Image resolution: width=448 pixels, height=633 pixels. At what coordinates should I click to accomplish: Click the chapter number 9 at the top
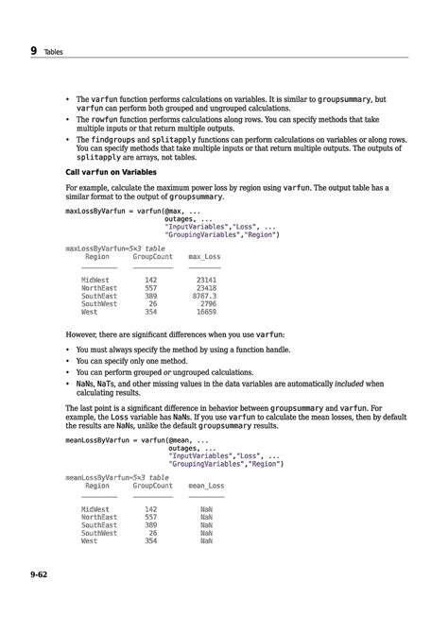[x=34, y=50]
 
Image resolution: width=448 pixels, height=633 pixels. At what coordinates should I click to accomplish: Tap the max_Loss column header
[x=203, y=257]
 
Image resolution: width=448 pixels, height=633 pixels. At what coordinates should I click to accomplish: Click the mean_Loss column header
[x=206, y=486]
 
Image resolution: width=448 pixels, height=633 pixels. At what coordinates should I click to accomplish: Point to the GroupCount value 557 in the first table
[x=150, y=288]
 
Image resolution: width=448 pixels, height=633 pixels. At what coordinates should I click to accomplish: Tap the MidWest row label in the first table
[x=95, y=281]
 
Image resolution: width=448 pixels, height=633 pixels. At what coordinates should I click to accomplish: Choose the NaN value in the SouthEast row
[x=206, y=524]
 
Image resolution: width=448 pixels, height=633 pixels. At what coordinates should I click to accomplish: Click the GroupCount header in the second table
[x=152, y=486]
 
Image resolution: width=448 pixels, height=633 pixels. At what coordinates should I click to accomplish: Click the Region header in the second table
[x=97, y=486]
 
